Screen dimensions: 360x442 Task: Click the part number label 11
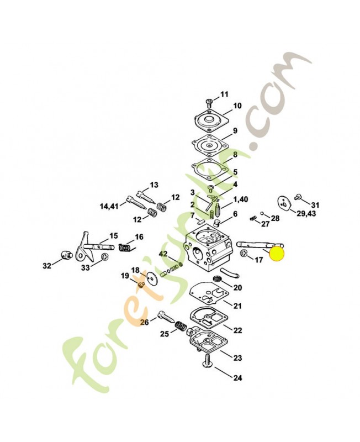click(x=224, y=94)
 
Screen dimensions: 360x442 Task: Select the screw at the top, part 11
click(x=209, y=103)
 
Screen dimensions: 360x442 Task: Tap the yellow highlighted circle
click(x=277, y=254)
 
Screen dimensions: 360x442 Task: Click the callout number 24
click(x=238, y=378)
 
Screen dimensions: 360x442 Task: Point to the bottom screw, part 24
click(x=207, y=361)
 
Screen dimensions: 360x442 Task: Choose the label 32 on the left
click(x=47, y=266)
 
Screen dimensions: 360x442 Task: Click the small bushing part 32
click(x=66, y=254)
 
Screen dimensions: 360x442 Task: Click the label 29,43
click(x=306, y=214)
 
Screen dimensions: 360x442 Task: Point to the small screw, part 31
click(x=297, y=197)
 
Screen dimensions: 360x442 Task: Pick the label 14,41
click(x=109, y=207)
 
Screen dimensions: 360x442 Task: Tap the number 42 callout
click(x=163, y=254)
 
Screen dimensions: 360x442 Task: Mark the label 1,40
click(x=240, y=199)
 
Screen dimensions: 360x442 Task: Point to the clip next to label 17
click(x=243, y=253)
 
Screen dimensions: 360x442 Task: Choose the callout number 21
click(x=238, y=306)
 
